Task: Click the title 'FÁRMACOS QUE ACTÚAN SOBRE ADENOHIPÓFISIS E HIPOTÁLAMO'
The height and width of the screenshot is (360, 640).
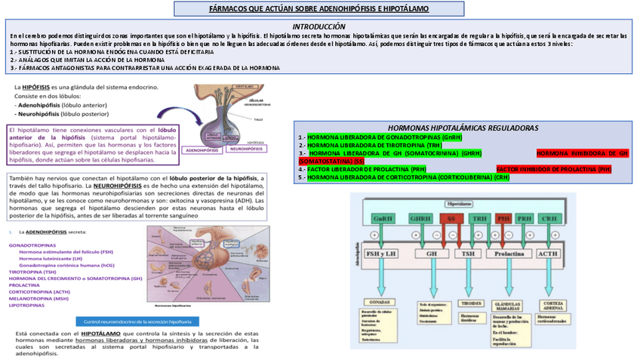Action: [x=319, y=9]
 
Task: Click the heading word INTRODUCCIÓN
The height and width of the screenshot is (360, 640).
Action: [x=319, y=26]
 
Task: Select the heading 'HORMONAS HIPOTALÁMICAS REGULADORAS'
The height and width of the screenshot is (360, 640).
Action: [x=462, y=128]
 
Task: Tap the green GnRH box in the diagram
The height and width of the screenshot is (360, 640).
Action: [x=382, y=218]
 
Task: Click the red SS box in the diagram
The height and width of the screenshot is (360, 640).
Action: [x=451, y=218]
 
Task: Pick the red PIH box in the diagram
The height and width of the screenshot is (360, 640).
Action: [x=503, y=218]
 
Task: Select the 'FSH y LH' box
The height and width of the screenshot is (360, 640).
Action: [x=381, y=254]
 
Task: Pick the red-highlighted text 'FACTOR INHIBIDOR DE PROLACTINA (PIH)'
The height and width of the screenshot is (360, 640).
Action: [x=553, y=170]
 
